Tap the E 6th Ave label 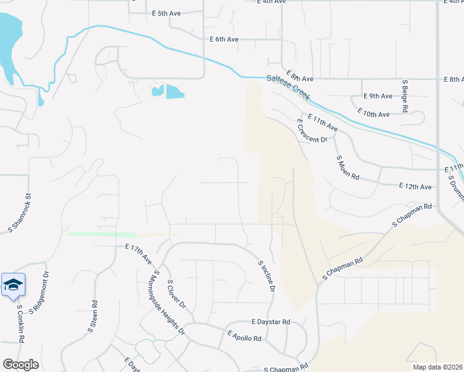(x=224, y=39)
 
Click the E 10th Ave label (x=373, y=113)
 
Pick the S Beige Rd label (x=404, y=95)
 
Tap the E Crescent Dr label (x=311, y=131)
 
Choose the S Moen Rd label (x=348, y=167)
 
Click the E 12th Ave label (x=415, y=186)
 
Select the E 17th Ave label (x=138, y=254)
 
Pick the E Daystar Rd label (x=271, y=322)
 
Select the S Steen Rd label (x=93, y=317)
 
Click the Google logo (x=20, y=364)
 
